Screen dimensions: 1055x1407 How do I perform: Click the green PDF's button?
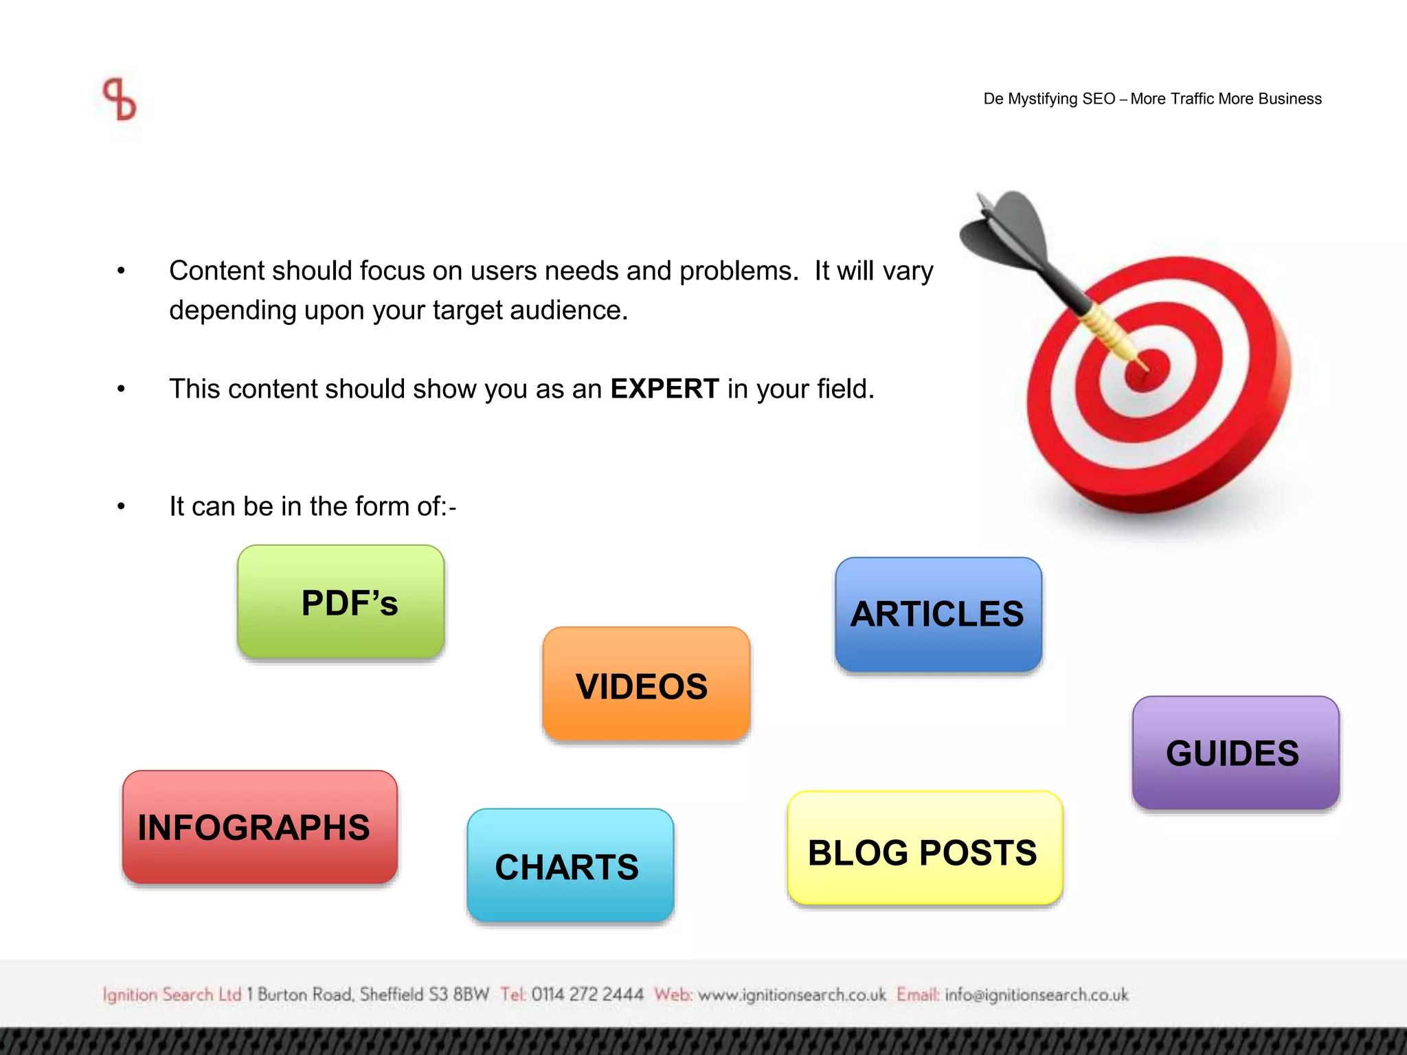[341, 602]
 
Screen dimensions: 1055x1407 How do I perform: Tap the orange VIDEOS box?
[646, 684]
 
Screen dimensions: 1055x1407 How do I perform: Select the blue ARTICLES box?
[938, 614]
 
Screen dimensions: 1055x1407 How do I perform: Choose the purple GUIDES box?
[1235, 753]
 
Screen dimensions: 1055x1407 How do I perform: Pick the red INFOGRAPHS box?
[260, 827]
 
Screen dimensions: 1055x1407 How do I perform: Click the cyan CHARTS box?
[570, 865]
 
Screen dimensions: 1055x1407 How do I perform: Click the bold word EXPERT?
[664, 389]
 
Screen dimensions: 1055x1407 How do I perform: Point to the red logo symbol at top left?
[120, 100]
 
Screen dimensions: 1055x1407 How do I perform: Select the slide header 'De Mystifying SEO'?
[1049, 99]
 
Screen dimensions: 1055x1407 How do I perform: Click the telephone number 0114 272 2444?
[587, 995]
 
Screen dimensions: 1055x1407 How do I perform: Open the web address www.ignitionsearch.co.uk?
[791, 995]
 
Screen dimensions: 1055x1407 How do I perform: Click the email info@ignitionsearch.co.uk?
[1036, 995]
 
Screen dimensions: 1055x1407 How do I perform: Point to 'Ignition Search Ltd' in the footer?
[172, 995]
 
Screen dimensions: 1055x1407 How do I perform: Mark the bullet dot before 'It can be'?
[121, 507]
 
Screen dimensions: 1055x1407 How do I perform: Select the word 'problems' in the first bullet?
[739, 271]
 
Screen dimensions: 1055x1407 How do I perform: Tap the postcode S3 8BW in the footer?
[459, 995]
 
